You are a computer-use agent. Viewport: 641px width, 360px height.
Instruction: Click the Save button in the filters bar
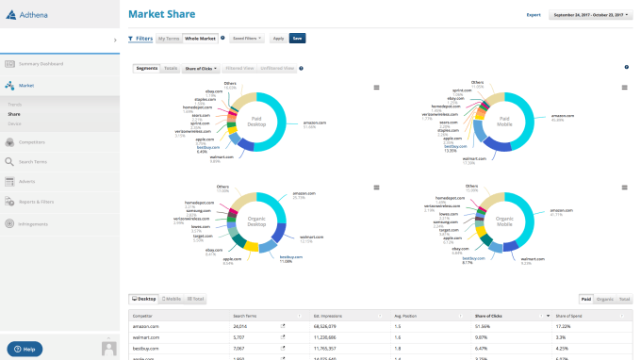click(297, 39)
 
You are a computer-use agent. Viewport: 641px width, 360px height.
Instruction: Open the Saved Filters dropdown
click(247, 39)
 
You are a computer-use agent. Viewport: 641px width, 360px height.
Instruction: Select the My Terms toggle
click(169, 39)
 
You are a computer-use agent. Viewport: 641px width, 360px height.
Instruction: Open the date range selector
click(590, 15)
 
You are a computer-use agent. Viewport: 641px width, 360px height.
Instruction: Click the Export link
click(534, 15)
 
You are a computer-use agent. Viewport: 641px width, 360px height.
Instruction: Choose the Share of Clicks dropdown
click(203, 69)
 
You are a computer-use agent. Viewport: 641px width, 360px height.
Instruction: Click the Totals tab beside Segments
click(171, 69)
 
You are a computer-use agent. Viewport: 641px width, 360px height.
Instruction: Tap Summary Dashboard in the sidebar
click(41, 64)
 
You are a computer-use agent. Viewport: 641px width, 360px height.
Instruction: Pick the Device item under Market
click(14, 123)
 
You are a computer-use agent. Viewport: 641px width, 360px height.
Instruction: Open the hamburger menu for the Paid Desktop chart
click(376, 88)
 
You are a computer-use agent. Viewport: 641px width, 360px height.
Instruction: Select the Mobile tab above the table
click(172, 299)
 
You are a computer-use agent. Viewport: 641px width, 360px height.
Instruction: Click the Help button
click(25, 349)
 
